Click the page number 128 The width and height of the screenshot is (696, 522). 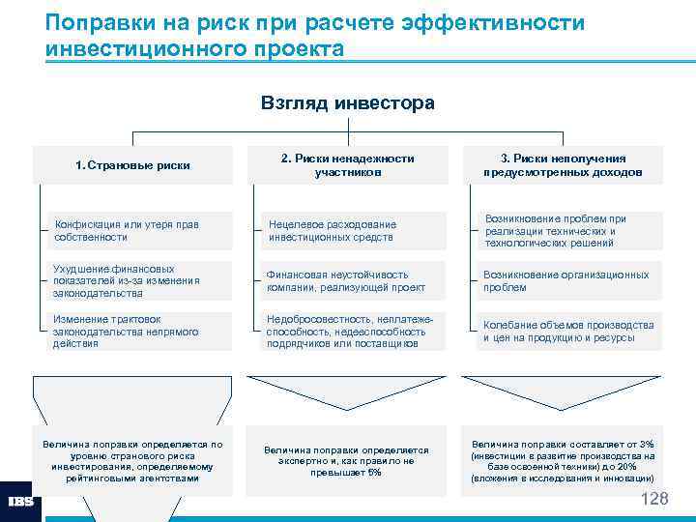pyautogui.click(x=654, y=499)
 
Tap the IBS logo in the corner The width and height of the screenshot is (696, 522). pyautogui.click(x=20, y=501)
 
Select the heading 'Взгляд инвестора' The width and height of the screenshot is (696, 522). pyautogui.click(x=347, y=102)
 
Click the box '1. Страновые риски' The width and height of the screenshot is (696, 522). pyautogui.click(x=132, y=165)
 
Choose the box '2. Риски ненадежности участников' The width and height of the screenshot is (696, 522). pyautogui.click(x=347, y=165)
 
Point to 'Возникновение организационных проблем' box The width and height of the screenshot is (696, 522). pyautogui.click(x=569, y=281)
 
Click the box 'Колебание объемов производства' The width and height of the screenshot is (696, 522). pyautogui.click(x=569, y=332)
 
